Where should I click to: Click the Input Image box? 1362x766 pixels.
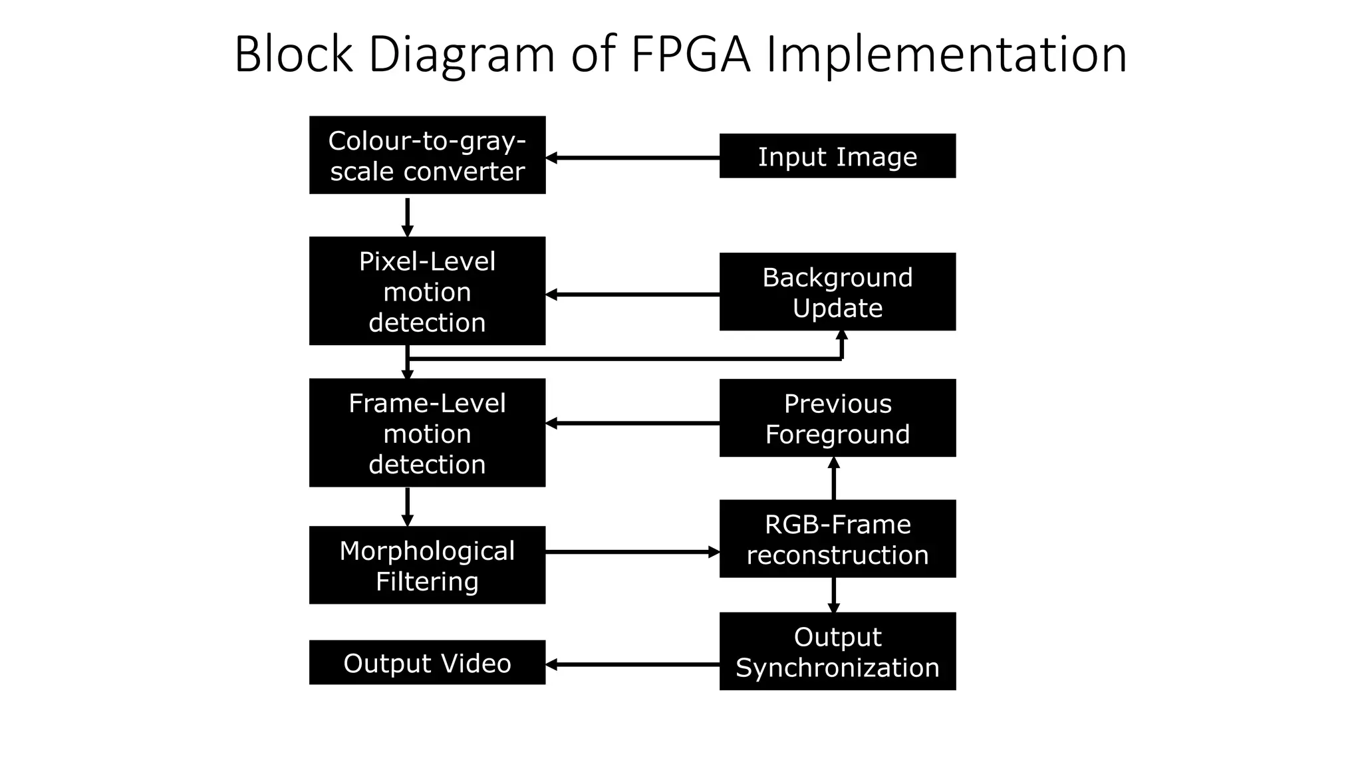(837, 156)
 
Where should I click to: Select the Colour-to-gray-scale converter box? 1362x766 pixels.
(427, 155)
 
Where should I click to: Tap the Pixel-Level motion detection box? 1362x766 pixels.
(427, 291)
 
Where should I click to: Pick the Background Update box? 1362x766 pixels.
(837, 291)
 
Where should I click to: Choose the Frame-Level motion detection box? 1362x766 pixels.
(427, 432)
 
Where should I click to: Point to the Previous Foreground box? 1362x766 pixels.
(837, 418)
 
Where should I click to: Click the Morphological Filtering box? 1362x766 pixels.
(427, 565)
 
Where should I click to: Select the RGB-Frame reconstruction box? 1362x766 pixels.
(837, 539)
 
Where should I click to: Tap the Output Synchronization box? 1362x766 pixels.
(837, 651)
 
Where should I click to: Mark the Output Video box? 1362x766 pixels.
(427, 662)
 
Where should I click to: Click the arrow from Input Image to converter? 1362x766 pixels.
(632, 158)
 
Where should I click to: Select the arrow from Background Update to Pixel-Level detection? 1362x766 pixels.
(632, 294)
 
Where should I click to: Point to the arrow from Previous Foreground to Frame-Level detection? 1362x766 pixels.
(632, 423)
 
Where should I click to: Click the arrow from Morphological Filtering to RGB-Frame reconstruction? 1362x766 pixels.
(632, 552)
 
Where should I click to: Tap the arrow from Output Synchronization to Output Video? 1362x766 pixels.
(632, 664)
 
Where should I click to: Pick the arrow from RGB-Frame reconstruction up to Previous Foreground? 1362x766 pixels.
(833, 479)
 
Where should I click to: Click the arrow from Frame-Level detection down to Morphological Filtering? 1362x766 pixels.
(407, 507)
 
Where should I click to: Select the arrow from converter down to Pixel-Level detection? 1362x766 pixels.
(407, 216)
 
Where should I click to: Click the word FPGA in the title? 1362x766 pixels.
(690, 55)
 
